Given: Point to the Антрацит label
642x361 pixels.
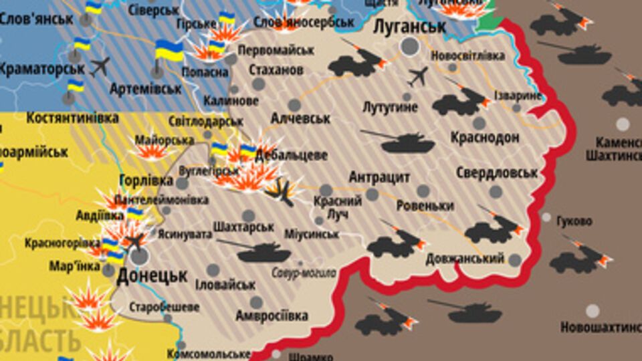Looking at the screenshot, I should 379,177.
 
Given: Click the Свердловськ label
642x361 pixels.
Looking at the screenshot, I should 496,173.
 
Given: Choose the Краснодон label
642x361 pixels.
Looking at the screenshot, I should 485,138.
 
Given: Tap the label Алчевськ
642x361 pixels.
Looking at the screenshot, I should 301,118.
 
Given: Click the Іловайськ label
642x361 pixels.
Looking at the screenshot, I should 225,284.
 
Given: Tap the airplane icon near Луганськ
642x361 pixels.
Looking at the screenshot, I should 417,77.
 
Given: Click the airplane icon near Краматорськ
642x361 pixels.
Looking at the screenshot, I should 100,66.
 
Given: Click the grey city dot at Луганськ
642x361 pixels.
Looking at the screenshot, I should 410,45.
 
